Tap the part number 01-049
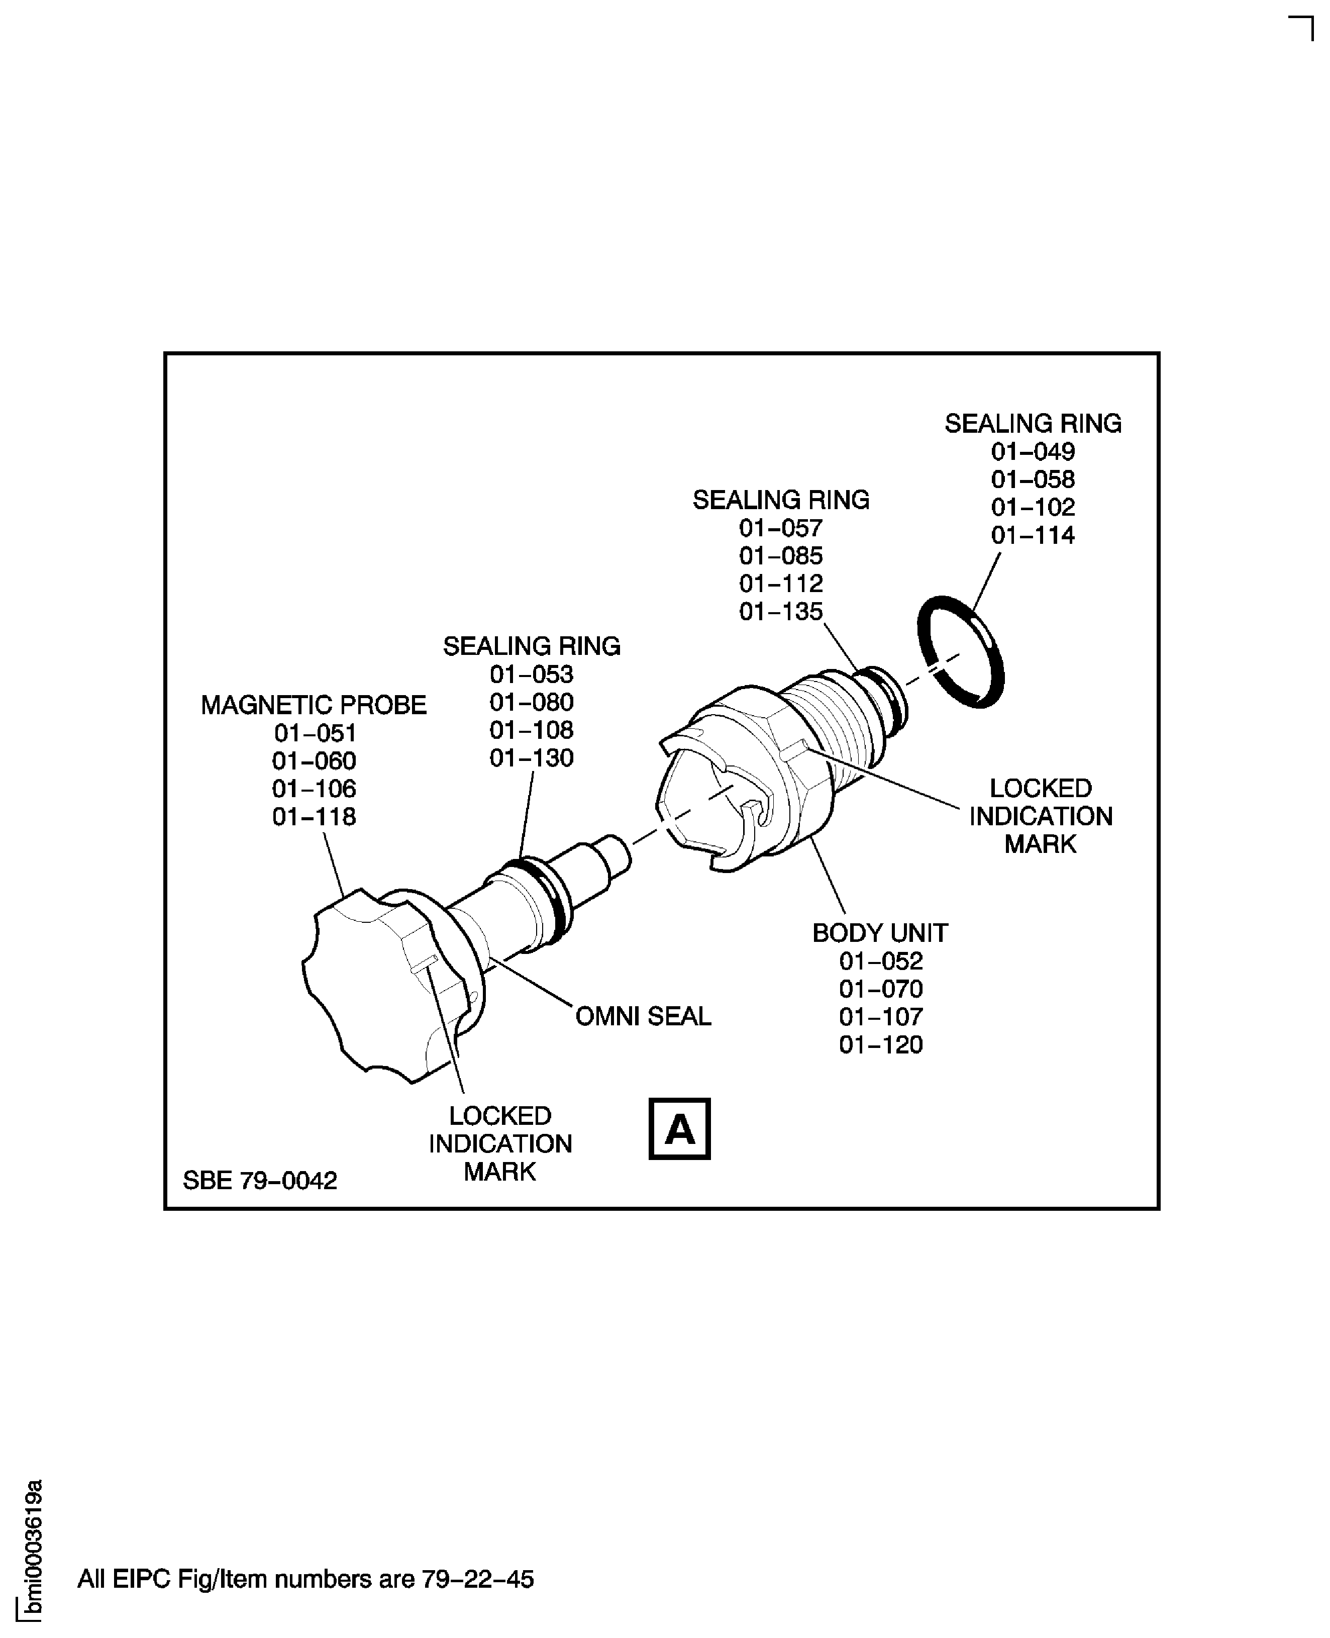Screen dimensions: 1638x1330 pos(1032,451)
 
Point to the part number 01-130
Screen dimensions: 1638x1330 pos(531,758)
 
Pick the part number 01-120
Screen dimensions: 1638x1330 pos(880,1045)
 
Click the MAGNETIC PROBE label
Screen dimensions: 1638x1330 pos(314,705)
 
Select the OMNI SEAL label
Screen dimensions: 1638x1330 pos(643,1016)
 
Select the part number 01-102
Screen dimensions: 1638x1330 pos(1032,508)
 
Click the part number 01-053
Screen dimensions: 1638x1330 pos(531,675)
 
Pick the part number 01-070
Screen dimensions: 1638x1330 pos(880,989)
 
